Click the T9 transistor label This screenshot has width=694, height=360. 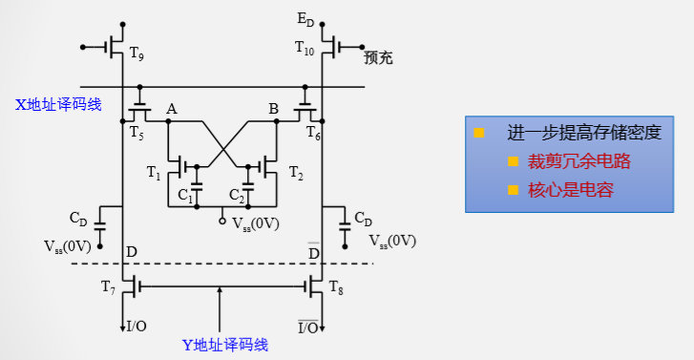point(137,56)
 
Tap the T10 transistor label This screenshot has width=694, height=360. point(305,47)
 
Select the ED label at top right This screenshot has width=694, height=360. point(306,19)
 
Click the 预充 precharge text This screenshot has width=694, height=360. point(379,58)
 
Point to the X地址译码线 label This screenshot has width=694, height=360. point(58,103)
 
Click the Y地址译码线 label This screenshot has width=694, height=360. point(226,345)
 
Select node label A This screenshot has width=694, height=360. point(172,110)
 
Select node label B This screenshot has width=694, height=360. point(273,110)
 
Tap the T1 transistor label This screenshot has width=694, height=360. point(155,173)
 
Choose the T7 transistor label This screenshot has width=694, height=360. point(109,286)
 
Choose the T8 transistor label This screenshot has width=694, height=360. point(336,286)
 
